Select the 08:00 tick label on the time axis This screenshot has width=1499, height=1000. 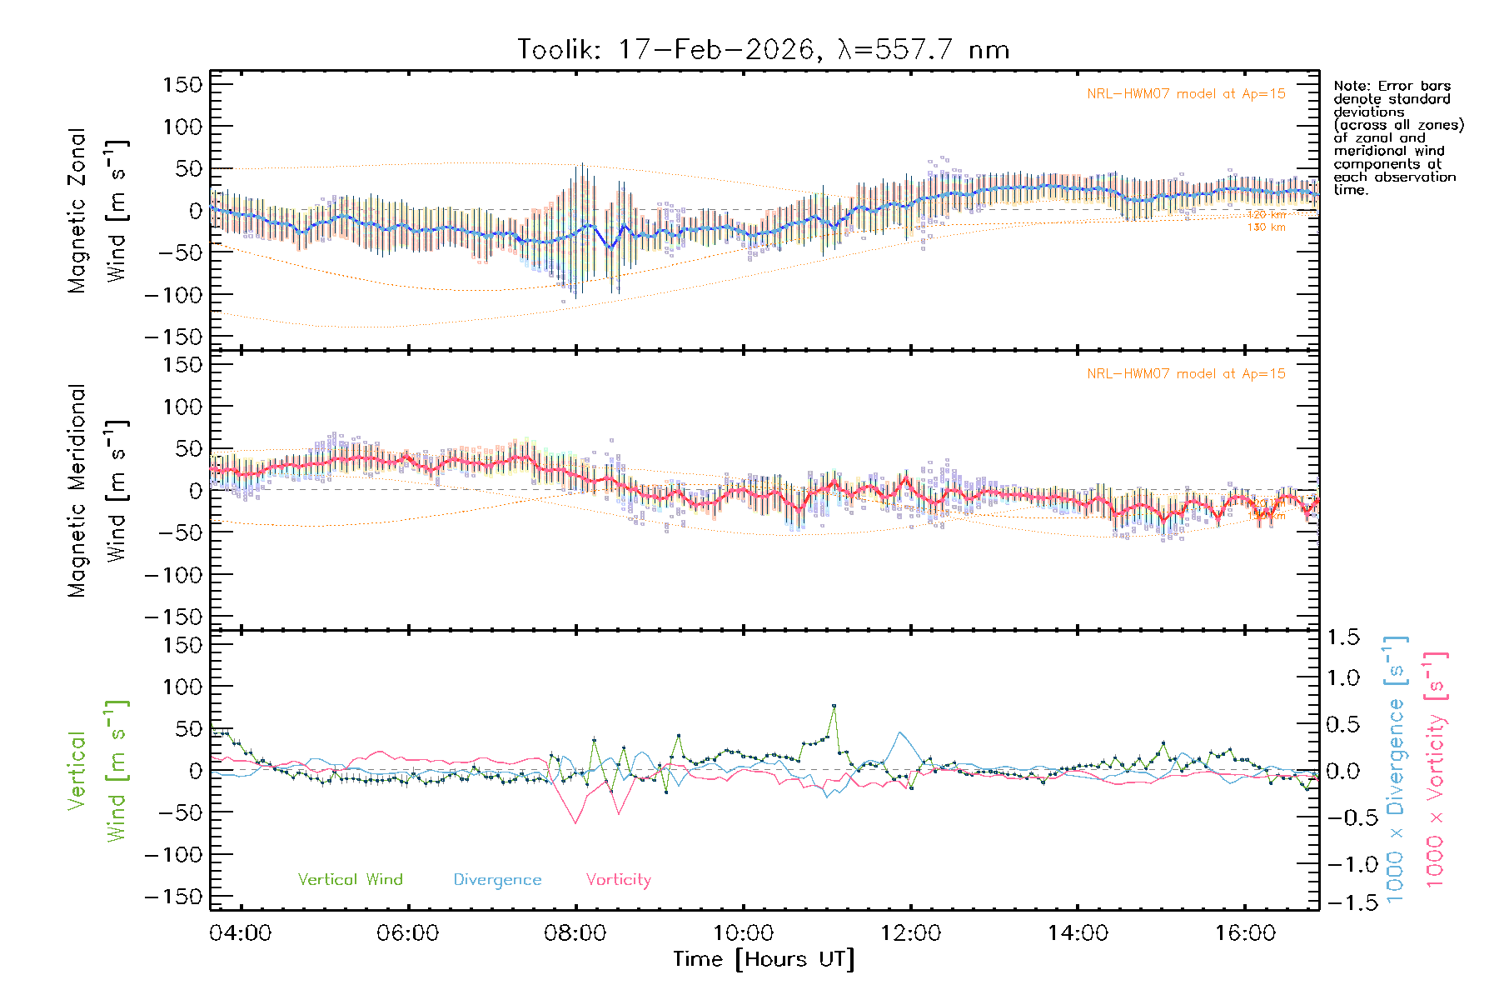coord(575,933)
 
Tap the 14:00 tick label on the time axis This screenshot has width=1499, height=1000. coord(1078,933)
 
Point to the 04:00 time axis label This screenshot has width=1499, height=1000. coord(241,933)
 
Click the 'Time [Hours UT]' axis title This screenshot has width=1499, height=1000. coord(764,960)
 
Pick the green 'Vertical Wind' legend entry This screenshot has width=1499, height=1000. coord(350,880)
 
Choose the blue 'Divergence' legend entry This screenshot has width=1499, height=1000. coord(497,880)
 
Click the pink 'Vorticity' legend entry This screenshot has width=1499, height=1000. coord(618,880)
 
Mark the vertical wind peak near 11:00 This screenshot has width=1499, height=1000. coord(834,707)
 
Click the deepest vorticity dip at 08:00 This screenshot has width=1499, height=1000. coord(575,823)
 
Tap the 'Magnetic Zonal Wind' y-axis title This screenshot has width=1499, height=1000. coord(98,210)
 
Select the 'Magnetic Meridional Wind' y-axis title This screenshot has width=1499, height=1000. coord(98,490)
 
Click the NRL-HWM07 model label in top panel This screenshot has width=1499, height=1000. coord(1186,94)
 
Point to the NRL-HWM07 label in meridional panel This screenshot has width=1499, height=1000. coord(1186,374)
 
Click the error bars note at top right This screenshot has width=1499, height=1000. coord(1397,137)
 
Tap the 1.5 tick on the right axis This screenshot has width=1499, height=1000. coord(1342,637)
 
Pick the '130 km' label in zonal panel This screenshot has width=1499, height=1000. coord(1266,227)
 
